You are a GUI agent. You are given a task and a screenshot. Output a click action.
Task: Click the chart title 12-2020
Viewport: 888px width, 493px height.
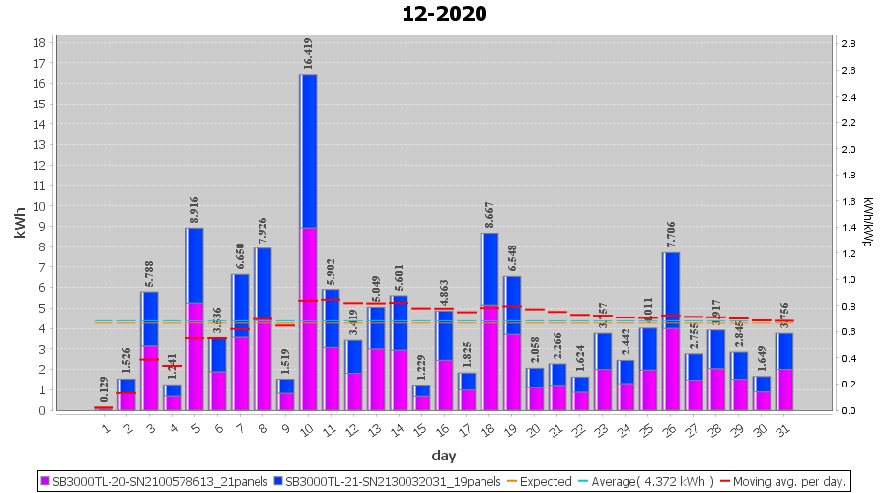pyautogui.click(x=444, y=14)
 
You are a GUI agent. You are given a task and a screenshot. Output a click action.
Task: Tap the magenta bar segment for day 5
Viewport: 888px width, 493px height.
pyautogui.click(x=195, y=356)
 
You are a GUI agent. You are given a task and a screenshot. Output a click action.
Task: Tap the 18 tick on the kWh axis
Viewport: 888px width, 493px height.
pyautogui.click(x=39, y=43)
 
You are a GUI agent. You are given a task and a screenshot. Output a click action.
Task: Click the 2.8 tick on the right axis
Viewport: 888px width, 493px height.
pyautogui.click(x=847, y=44)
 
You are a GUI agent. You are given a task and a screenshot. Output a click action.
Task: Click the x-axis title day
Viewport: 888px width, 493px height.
pyautogui.click(x=443, y=456)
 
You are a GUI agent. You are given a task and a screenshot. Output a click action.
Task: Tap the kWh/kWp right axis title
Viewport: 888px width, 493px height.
pyautogui.click(x=867, y=226)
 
